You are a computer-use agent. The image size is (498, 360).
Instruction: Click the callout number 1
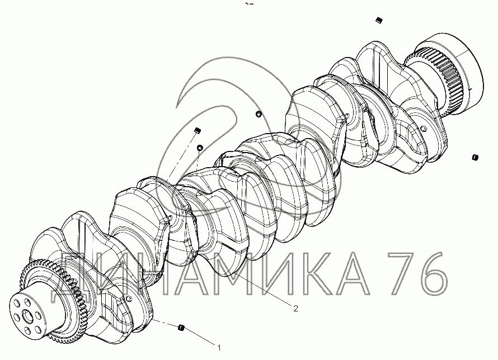click(x=219, y=348)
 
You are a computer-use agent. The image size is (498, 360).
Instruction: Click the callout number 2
click(x=295, y=309)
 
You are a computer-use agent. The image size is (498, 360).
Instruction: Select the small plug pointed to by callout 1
click(x=181, y=328)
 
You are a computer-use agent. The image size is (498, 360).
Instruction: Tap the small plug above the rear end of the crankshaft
click(x=379, y=21)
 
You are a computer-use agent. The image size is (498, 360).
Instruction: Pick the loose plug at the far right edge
click(x=475, y=157)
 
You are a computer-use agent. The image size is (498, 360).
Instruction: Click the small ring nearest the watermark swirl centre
click(x=259, y=113)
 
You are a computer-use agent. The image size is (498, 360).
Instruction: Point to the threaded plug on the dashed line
click(x=198, y=130)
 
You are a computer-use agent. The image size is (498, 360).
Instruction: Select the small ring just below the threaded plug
click(x=200, y=148)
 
